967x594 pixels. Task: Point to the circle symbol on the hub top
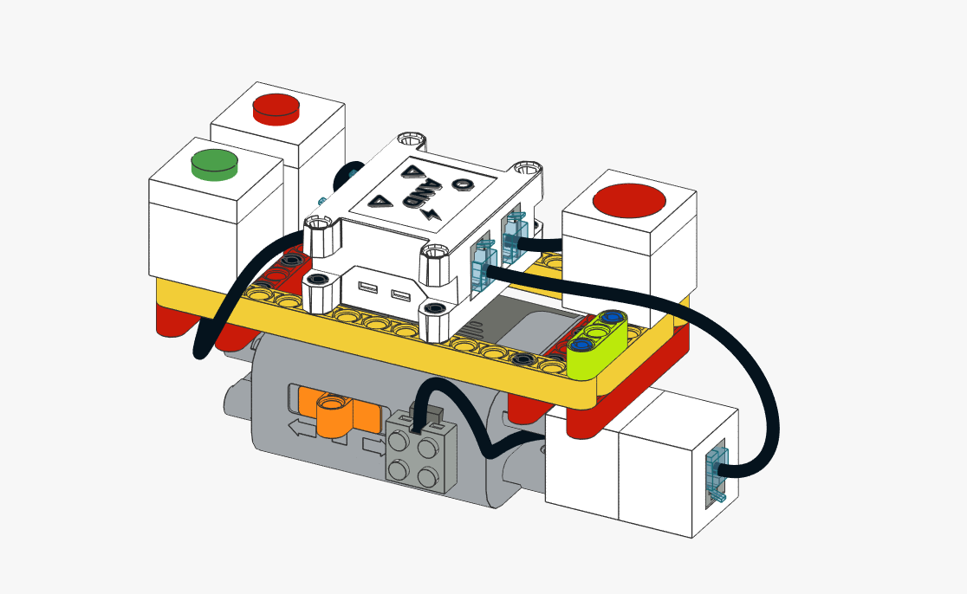(x=464, y=184)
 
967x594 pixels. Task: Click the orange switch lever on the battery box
(x=338, y=412)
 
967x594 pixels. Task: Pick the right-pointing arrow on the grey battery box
(x=373, y=446)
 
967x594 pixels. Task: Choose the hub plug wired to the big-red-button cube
(x=513, y=235)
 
